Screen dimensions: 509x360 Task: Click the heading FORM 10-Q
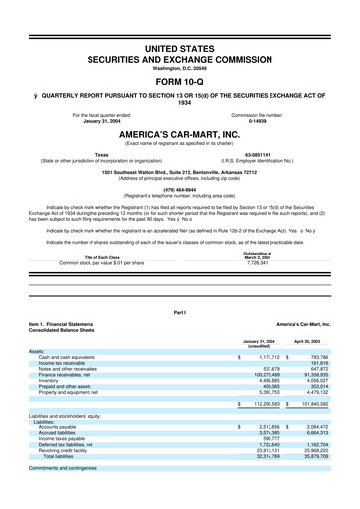pos(179,82)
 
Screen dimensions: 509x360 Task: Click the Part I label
pos(179,313)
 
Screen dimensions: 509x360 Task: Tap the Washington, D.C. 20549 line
pos(179,65)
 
